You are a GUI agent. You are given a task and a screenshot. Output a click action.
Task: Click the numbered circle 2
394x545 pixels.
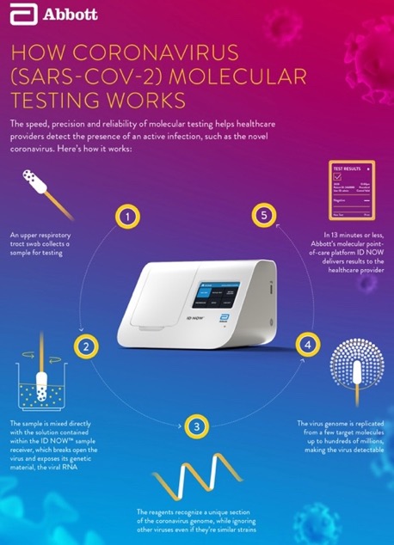[x=85, y=346]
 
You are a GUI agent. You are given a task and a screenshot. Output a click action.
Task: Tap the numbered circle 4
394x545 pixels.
[x=307, y=346]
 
